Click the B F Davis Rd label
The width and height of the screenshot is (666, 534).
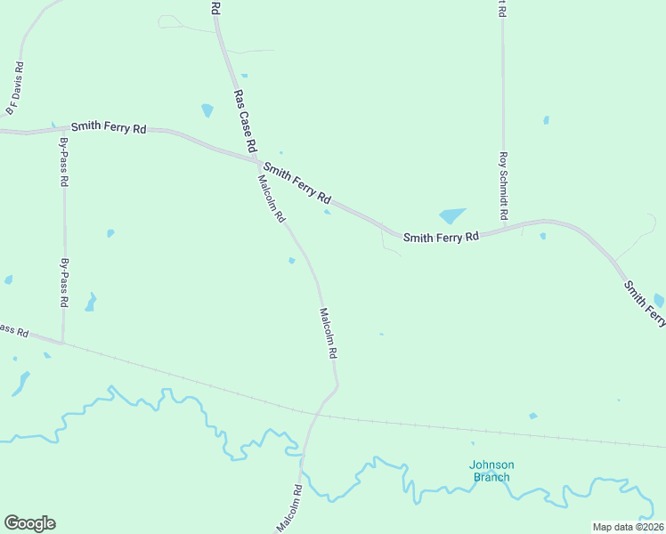(14, 89)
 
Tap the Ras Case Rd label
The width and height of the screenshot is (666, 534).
(245, 119)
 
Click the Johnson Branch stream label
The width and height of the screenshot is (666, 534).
(491, 471)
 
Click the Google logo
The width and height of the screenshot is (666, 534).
(29, 523)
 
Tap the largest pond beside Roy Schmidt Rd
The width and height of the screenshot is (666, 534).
(452, 216)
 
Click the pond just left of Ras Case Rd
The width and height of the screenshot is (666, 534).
(207, 110)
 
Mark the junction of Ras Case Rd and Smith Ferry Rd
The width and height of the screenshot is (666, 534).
(257, 160)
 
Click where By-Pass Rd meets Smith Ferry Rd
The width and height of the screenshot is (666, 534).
(65, 130)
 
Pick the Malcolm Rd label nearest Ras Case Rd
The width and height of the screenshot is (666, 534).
(271, 198)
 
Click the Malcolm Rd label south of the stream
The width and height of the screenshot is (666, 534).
(290, 508)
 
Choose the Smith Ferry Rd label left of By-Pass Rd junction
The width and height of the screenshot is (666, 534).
(109, 128)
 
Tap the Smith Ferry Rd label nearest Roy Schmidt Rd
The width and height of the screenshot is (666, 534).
(441, 238)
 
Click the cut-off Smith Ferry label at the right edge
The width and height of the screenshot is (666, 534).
(645, 303)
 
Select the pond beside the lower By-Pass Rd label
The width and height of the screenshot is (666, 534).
(90, 303)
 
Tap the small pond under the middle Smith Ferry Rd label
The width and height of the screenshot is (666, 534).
(328, 211)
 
